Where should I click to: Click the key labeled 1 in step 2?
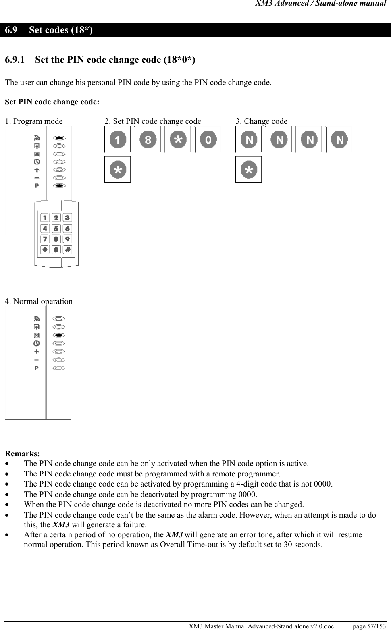(117, 139)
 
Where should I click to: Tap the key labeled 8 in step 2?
(148, 139)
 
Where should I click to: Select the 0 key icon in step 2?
(208, 139)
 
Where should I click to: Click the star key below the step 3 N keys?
(248, 170)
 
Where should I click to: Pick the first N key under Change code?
(248, 139)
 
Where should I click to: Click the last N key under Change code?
(339, 139)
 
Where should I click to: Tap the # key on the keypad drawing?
(67, 250)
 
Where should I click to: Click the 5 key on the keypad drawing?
(56, 229)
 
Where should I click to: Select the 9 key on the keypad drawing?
(67, 239)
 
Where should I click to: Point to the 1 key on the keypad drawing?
(45, 218)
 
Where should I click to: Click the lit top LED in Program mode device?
(59, 137)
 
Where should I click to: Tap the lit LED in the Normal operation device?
(59, 335)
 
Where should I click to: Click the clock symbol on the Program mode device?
(37, 162)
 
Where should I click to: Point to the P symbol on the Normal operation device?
(37, 368)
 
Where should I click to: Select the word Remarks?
(22, 454)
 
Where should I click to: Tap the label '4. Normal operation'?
(39, 301)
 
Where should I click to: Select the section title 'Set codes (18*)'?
(61, 30)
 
